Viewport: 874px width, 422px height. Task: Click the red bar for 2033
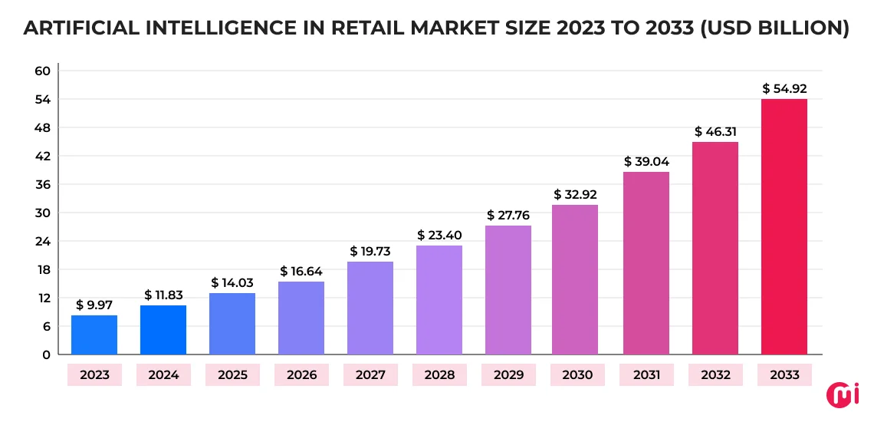click(x=784, y=226)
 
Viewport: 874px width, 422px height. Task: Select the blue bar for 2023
click(x=94, y=335)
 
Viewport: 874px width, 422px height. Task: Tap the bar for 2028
click(x=439, y=299)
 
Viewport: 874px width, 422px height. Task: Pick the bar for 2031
click(x=646, y=262)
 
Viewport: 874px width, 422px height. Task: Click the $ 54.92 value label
click(x=784, y=89)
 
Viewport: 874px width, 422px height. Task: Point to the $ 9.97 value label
click(x=94, y=305)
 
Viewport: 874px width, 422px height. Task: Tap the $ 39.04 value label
click(x=646, y=161)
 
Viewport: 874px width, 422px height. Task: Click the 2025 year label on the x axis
click(x=232, y=375)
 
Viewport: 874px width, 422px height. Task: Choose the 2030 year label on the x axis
click(x=577, y=375)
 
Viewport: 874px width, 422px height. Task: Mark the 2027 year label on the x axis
click(x=370, y=375)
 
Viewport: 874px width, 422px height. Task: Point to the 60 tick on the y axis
click(x=42, y=71)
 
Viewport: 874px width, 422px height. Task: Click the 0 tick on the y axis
click(x=46, y=354)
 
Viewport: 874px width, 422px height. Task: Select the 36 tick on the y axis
click(x=42, y=184)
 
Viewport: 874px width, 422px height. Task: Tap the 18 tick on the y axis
click(x=42, y=269)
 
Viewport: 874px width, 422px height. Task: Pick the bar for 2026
click(x=301, y=318)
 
